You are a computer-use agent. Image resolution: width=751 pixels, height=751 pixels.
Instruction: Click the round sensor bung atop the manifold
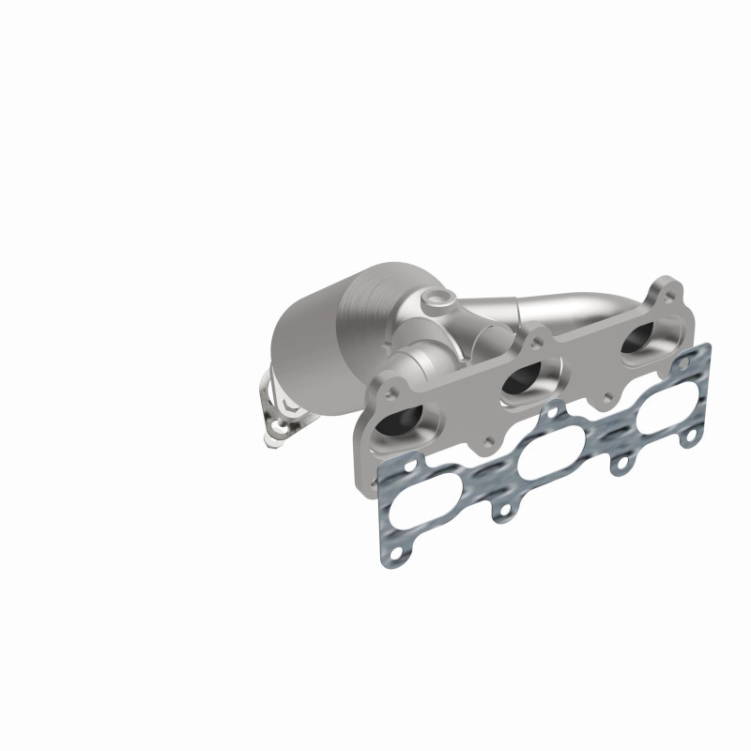[438, 303]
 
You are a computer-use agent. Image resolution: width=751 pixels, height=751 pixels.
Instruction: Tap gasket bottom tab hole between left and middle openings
[505, 511]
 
